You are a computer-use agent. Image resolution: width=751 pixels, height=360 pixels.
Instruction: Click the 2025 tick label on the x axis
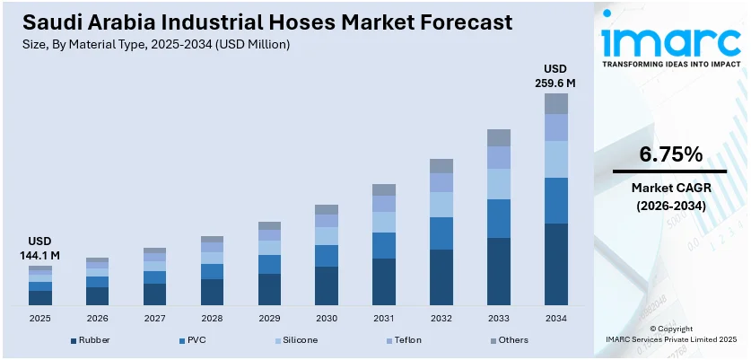(39, 318)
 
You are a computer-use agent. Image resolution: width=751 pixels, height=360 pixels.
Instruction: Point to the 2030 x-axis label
(327, 318)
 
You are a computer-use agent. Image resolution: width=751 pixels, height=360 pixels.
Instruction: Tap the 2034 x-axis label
(556, 318)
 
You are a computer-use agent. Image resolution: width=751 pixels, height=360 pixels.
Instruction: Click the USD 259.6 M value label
(556, 76)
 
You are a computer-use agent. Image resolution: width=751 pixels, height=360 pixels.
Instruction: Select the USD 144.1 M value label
(39, 249)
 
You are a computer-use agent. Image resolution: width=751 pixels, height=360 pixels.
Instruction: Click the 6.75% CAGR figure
(670, 154)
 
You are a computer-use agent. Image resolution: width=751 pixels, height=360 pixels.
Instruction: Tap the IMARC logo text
(669, 40)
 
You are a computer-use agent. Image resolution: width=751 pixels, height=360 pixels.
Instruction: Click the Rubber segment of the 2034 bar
(556, 264)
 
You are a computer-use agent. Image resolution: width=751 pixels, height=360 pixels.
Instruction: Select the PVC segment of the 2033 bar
(499, 218)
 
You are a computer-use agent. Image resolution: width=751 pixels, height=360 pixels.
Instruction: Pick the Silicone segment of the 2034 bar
(556, 159)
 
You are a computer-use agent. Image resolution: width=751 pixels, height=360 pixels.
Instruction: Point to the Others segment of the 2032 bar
(441, 166)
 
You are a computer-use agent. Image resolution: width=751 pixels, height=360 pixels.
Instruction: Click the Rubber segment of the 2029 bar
(269, 289)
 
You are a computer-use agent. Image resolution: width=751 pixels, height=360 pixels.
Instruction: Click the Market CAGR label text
(670, 188)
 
